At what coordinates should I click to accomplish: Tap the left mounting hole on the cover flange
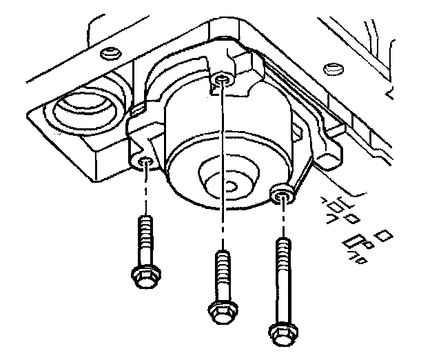[145, 163]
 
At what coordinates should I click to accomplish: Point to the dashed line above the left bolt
[145, 190]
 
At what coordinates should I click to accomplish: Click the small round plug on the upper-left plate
[106, 54]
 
